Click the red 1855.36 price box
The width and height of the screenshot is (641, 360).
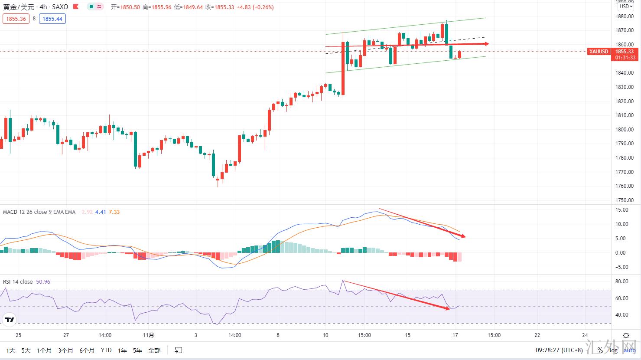click(x=16, y=19)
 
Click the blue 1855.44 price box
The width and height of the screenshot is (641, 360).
click(x=52, y=19)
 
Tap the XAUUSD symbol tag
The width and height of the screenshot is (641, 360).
click(x=599, y=52)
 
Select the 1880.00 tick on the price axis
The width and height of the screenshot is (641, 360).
click(x=624, y=16)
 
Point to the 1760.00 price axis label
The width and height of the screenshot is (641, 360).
click(x=624, y=186)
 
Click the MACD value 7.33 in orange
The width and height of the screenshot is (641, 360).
click(x=114, y=212)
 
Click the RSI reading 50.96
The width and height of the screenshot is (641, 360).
click(x=43, y=282)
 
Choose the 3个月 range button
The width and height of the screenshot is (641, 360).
click(x=65, y=350)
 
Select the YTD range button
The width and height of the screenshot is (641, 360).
click(x=106, y=350)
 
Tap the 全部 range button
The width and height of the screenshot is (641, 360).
click(x=154, y=350)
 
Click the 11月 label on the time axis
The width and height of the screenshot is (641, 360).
click(x=148, y=335)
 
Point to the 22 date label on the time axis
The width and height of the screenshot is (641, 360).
click(x=537, y=335)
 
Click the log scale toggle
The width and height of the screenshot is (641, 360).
click(x=614, y=350)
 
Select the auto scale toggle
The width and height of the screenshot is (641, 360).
click(x=630, y=350)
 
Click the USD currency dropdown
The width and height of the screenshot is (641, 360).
click(x=625, y=7)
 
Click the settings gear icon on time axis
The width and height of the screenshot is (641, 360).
click(x=626, y=335)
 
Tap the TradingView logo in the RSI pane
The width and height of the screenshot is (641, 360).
click(x=9, y=321)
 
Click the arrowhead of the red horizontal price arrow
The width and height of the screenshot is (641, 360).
click(x=487, y=44)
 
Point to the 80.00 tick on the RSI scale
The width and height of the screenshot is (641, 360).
click(x=622, y=281)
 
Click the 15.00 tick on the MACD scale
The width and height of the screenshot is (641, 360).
click(x=622, y=210)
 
